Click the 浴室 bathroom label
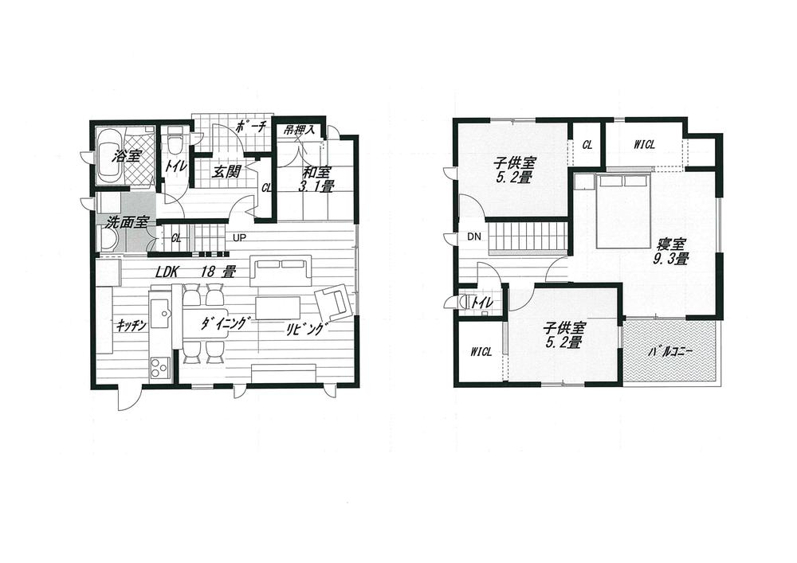pos(128,157)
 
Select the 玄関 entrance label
pos(227,170)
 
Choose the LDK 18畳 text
pos(195,272)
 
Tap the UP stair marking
pos(239,237)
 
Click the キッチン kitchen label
pos(129,325)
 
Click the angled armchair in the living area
pos(333,303)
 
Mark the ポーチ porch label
pos(250,127)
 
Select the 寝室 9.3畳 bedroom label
pos(673,250)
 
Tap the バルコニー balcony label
pos(670,350)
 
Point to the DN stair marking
pos(473,237)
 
